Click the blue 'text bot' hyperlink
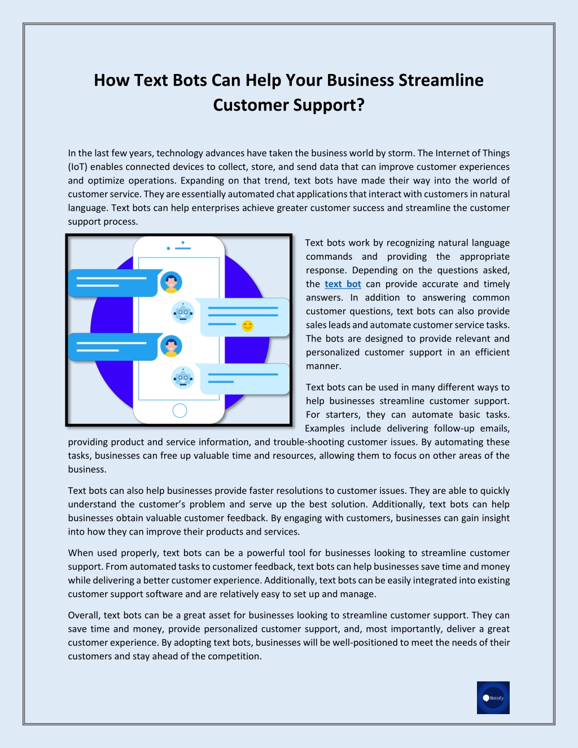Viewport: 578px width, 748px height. coord(343,284)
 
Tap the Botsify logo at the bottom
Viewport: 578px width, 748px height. coord(493,698)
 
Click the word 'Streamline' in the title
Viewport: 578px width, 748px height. coord(441,80)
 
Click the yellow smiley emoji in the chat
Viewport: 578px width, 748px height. coord(247,326)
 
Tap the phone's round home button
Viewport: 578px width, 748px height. coord(179,410)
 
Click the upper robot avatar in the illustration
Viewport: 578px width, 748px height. coord(183,313)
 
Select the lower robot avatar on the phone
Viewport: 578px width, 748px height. coord(183,378)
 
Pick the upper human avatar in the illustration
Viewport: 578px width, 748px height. coord(171,282)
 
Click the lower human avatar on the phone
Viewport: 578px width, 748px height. coord(171,346)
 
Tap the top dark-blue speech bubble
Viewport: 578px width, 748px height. coord(113,283)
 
